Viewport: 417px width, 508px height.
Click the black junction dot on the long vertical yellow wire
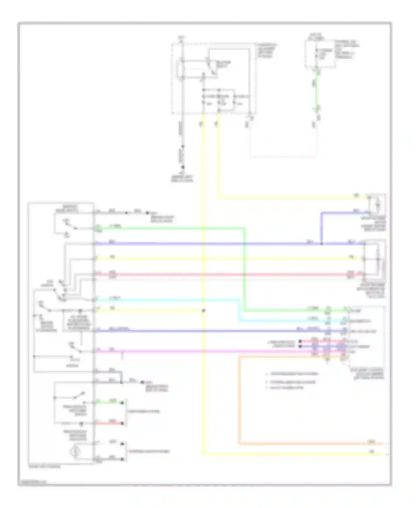point(203,310)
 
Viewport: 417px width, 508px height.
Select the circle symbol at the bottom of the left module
point(75,451)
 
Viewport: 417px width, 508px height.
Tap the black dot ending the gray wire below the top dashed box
point(183,167)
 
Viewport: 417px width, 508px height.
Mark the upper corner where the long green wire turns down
point(245,228)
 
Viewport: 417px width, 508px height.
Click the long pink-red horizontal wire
point(222,275)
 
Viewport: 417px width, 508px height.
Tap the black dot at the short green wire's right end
point(122,402)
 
